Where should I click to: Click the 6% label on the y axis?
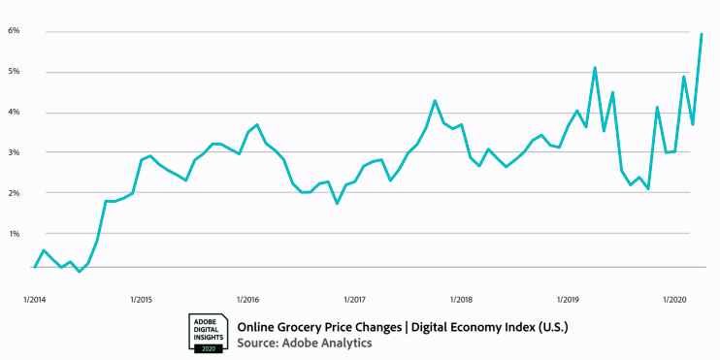15,31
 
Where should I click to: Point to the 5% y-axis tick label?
15,72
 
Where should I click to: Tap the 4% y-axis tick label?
15,113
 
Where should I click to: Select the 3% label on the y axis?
15,152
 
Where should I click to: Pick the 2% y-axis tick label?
15,193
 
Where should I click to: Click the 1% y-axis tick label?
15,234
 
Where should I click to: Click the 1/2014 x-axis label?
33,299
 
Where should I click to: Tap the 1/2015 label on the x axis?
140,299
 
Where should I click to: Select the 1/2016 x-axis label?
247,299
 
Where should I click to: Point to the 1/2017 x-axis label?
354,299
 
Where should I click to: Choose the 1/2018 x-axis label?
462,299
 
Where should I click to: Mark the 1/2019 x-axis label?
569,299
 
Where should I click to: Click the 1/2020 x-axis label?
675,299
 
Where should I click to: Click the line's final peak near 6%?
702,34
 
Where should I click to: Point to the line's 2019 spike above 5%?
595,68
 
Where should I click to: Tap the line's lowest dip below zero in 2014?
79,272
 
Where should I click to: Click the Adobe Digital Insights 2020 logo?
208,332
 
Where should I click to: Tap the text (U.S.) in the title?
550,327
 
